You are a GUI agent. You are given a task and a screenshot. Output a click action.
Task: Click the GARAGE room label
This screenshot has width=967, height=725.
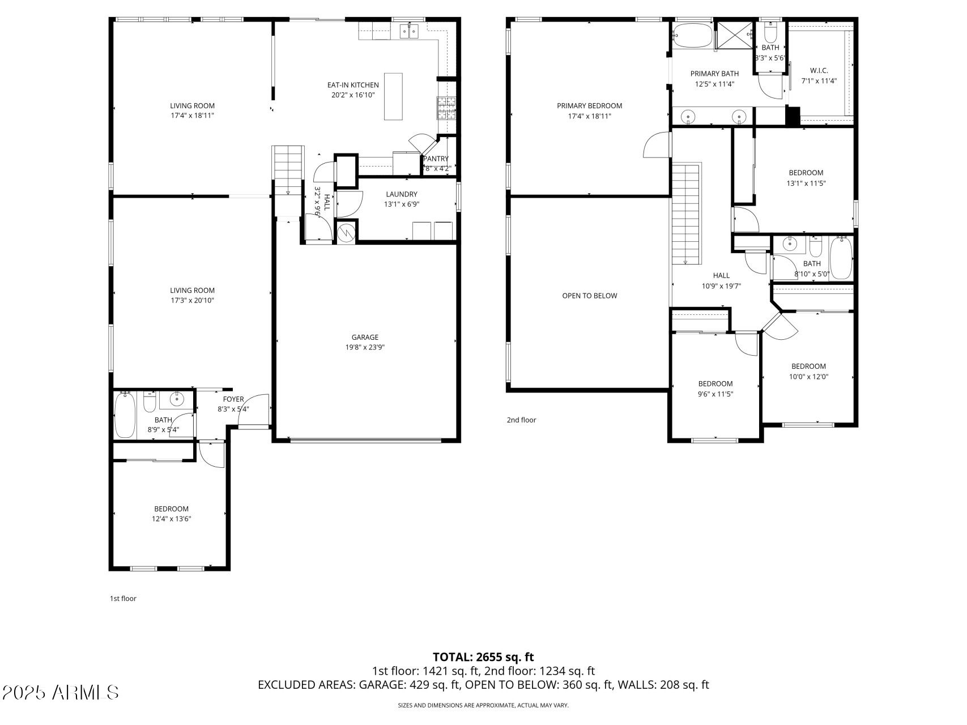click(364, 338)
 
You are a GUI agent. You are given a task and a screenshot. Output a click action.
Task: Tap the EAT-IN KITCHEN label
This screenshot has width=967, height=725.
click(353, 85)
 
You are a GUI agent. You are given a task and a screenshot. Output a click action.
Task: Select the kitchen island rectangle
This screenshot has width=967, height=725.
click(393, 96)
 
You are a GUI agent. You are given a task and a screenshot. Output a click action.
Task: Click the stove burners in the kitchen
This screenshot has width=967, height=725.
click(446, 108)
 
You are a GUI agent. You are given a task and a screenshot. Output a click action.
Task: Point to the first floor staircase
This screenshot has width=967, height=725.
click(288, 170)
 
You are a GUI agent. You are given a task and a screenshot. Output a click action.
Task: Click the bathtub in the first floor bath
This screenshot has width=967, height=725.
click(125, 415)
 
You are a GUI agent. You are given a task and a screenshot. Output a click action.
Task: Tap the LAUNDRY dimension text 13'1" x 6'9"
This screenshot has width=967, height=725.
click(402, 204)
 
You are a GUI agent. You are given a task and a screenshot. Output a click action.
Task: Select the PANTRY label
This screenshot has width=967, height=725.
click(436, 159)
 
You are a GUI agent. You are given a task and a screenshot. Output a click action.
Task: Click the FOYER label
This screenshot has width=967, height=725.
click(233, 399)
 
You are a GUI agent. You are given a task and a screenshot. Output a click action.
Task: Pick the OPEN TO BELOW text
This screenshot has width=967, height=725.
click(590, 296)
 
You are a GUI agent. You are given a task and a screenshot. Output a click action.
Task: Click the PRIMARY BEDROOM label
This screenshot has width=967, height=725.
click(589, 106)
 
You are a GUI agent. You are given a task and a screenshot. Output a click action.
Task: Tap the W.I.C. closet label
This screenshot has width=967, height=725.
click(819, 70)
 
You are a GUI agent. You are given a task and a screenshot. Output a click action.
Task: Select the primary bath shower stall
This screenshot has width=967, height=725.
click(735, 35)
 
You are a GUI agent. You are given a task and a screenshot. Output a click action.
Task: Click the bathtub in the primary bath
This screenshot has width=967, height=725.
click(693, 36)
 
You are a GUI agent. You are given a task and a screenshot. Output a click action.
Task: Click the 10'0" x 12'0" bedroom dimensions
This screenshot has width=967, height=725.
click(808, 377)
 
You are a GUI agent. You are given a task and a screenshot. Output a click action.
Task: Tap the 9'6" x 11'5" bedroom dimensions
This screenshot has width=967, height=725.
click(715, 394)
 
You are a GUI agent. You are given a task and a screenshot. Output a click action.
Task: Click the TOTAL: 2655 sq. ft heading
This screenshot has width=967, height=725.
click(483, 657)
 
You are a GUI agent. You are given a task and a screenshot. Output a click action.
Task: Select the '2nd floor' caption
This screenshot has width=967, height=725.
click(521, 420)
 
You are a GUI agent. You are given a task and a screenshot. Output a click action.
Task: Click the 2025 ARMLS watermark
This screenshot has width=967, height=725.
click(61, 692)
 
